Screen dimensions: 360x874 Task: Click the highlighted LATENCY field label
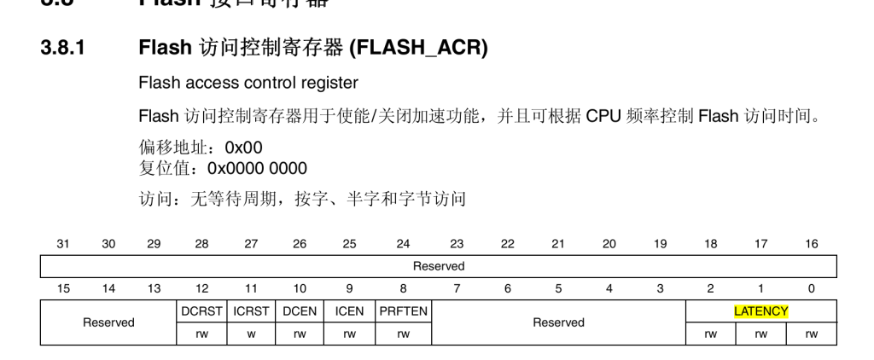coord(760,311)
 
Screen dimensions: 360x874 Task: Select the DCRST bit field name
coord(201,311)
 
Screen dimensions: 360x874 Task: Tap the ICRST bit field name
coord(251,311)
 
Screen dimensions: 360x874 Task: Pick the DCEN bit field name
coord(300,311)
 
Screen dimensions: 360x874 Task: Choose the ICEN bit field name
coord(349,311)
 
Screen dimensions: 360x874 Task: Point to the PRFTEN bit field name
coord(403,311)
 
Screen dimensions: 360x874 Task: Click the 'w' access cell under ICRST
coord(251,334)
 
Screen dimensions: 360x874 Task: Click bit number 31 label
coord(63,244)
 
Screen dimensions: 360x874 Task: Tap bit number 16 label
coord(811,244)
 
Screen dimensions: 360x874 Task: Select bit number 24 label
coord(403,244)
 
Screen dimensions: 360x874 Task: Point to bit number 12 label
coord(201,289)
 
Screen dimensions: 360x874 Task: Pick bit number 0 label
coord(811,289)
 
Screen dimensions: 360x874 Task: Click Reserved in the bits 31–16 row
coord(439,266)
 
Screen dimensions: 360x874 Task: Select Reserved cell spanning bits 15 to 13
coord(108,322)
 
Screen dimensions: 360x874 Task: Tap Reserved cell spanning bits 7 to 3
coord(558,322)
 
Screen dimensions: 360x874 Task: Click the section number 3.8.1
coord(62,49)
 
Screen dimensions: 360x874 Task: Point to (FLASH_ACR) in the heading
coord(418,49)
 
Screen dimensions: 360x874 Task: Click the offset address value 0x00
coord(243,148)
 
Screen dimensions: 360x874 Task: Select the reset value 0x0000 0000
coord(257,168)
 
